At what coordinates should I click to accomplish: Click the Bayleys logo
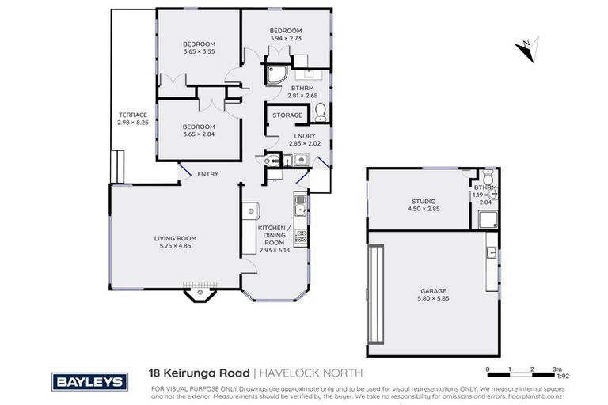[89, 381]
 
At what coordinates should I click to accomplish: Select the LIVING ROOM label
[175, 238]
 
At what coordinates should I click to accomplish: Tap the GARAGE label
[433, 290]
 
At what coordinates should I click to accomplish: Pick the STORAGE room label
[287, 115]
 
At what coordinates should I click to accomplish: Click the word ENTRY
[208, 174]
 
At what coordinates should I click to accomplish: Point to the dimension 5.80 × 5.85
[433, 298]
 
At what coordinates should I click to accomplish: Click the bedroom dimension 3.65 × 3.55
[199, 51]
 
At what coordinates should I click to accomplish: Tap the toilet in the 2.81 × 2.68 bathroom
[320, 112]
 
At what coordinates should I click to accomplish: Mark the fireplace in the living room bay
[200, 293]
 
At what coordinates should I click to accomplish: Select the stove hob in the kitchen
[302, 235]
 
